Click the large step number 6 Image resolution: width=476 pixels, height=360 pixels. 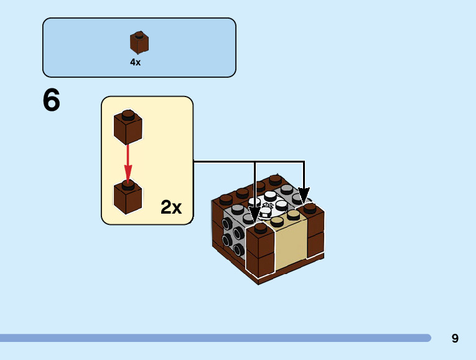[52, 101]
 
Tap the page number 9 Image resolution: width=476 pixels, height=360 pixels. [455, 338]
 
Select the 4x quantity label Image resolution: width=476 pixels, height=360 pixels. [135, 62]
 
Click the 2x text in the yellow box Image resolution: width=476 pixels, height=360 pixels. [171, 207]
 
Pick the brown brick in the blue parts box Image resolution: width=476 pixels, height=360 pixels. [139, 42]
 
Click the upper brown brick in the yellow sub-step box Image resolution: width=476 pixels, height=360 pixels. [128, 126]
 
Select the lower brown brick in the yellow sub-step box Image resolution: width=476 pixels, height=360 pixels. [128, 196]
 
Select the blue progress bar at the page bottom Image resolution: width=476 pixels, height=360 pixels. [215, 338]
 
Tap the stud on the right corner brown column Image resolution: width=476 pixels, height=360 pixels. [309, 207]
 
